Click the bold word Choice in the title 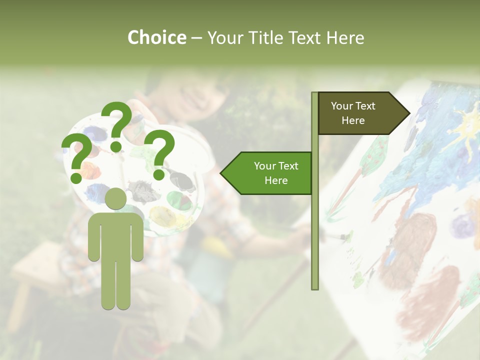pos(156,37)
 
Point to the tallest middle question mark pos(116,125)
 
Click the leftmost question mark pos(76,159)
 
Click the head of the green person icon pos(115,198)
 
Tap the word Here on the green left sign pos(276,180)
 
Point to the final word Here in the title pos(345,37)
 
